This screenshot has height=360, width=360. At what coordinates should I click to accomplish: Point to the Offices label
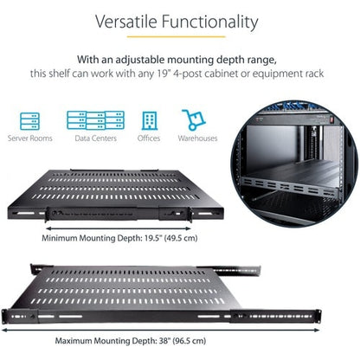[x=148, y=138]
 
